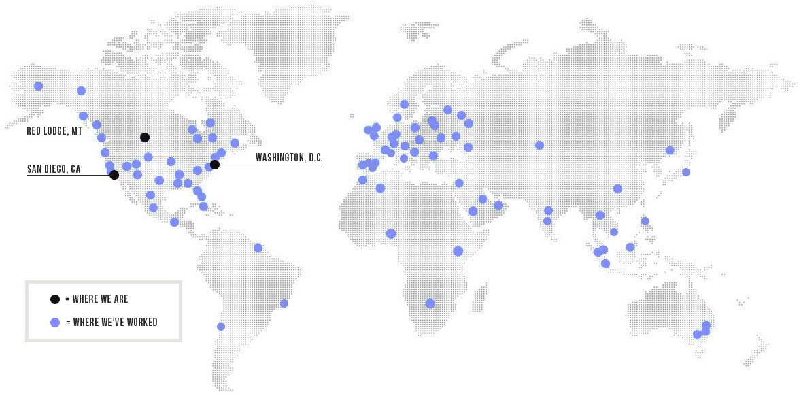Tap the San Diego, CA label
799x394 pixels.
pos(54,169)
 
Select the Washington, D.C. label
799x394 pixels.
pos(289,158)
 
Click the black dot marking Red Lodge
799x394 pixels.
pos(145,137)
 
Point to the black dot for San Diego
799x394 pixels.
pos(114,175)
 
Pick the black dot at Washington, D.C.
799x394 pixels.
pos(215,165)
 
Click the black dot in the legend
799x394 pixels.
pos(55,299)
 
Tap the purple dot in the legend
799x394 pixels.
pos(55,322)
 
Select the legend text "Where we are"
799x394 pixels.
pos(97,299)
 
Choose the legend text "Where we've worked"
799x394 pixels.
pos(112,322)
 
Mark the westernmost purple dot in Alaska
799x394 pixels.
pos(39,86)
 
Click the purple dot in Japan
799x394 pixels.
pos(686,172)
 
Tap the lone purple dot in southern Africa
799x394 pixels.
pos(430,303)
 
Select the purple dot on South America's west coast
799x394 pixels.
pos(221,327)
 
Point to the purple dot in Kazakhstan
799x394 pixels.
pos(539,145)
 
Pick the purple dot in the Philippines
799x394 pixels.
pos(645,221)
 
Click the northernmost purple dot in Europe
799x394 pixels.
pos(404,104)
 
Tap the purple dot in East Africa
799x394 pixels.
pos(458,251)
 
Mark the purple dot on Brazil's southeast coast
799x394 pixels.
pos(284,303)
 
